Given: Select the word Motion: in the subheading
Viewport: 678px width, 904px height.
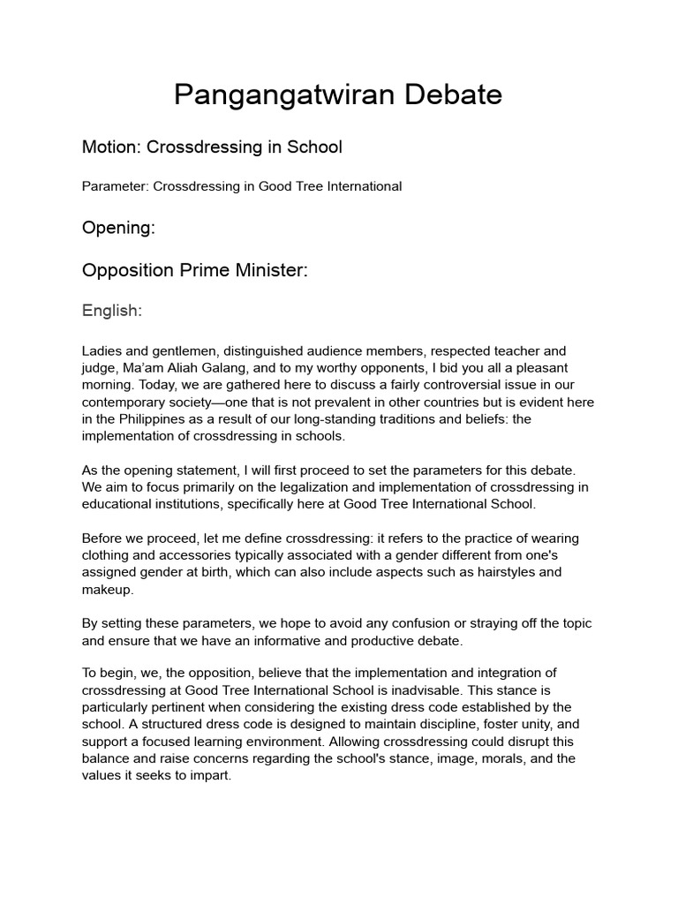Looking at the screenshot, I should [x=112, y=147].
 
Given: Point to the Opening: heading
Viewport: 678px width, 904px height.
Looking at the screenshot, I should [x=118, y=228].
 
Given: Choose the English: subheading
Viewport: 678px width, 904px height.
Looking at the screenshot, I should [x=111, y=311].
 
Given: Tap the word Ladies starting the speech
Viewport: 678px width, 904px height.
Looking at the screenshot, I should [x=102, y=351].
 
